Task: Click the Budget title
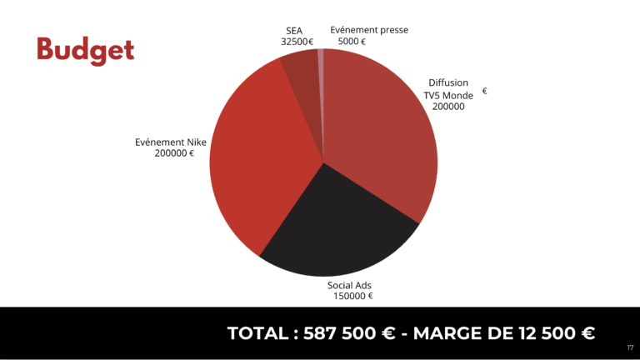coord(85,50)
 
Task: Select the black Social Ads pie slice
coord(333,233)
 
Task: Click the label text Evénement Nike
coord(170,142)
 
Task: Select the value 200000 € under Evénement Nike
coord(174,153)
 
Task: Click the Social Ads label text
coord(349,285)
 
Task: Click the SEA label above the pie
coord(294,31)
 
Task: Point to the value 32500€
coord(297,42)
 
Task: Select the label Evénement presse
coord(369,30)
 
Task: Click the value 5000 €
coord(352,41)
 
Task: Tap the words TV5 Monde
coord(448,95)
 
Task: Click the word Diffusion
coord(448,83)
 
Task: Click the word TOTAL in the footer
coord(257,333)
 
